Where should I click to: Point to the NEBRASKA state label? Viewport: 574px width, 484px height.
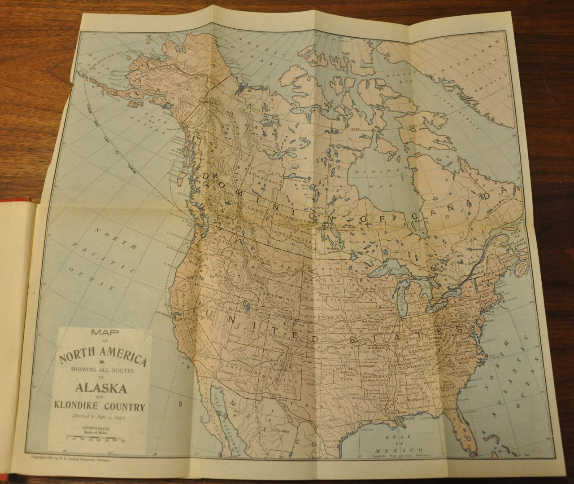[322, 316]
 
